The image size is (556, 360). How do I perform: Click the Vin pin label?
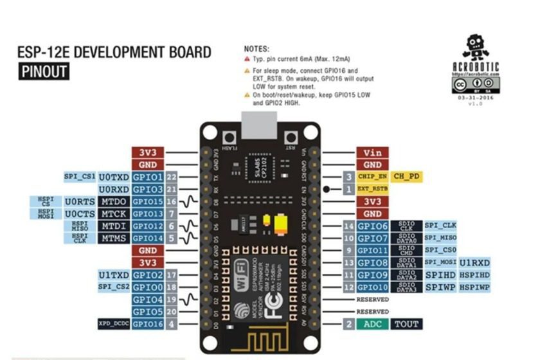pyautogui.click(x=372, y=153)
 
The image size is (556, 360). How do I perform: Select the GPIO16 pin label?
pyautogui.click(x=147, y=324)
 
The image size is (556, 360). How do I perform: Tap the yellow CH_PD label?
pyautogui.click(x=406, y=177)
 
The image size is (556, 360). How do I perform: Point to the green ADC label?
pyautogui.click(x=372, y=324)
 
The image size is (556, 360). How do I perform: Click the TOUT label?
pyautogui.click(x=406, y=324)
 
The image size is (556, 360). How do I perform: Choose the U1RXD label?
pyautogui.click(x=474, y=262)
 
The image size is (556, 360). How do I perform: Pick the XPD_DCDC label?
pyautogui.click(x=113, y=324)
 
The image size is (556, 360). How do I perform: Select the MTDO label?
pyautogui.click(x=114, y=201)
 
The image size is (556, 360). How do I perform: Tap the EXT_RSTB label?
pyautogui.click(x=372, y=189)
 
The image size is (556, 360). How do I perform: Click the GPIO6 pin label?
pyautogui.click(x=372, y=226)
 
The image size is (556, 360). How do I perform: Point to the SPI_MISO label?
pyautogui.click(x=440, y=238)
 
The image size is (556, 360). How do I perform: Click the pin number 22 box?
pyautogui.click(x=171, y=177)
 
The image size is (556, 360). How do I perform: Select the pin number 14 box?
pyautogui.click(x=348, y=226)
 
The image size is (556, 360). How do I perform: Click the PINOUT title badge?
pyautogui.click(x=44, y=71)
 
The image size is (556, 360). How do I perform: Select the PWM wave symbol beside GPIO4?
pyautogui.click(x=188, y=300)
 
